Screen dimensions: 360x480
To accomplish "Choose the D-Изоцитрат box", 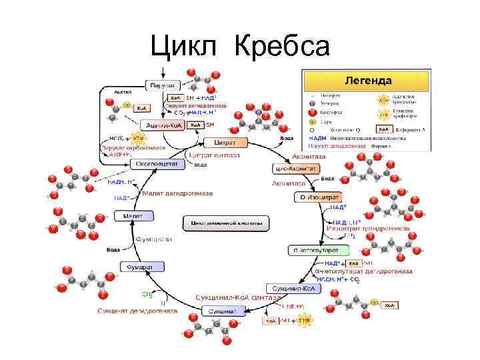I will [318, 197].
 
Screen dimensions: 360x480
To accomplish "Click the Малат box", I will [133, 215].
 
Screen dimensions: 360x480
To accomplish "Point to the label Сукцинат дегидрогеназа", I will [137, 310].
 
